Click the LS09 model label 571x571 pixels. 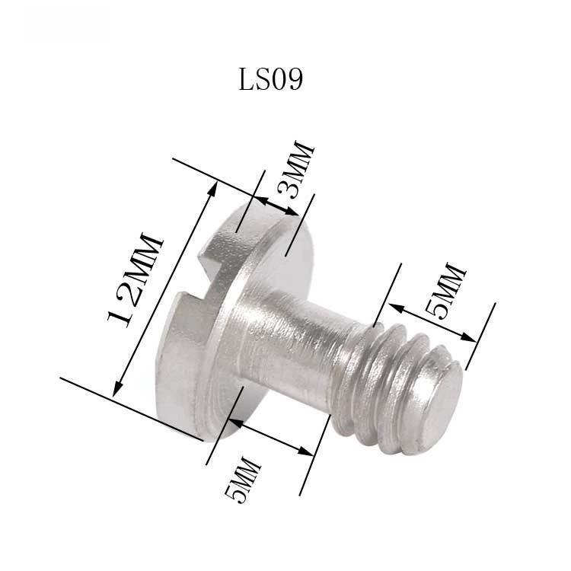[270, 79]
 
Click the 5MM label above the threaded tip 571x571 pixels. [445, 291]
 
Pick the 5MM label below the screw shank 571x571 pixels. [243, 479]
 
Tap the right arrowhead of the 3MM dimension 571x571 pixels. [292, 211]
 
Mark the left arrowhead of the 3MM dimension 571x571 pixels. [261, 199]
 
